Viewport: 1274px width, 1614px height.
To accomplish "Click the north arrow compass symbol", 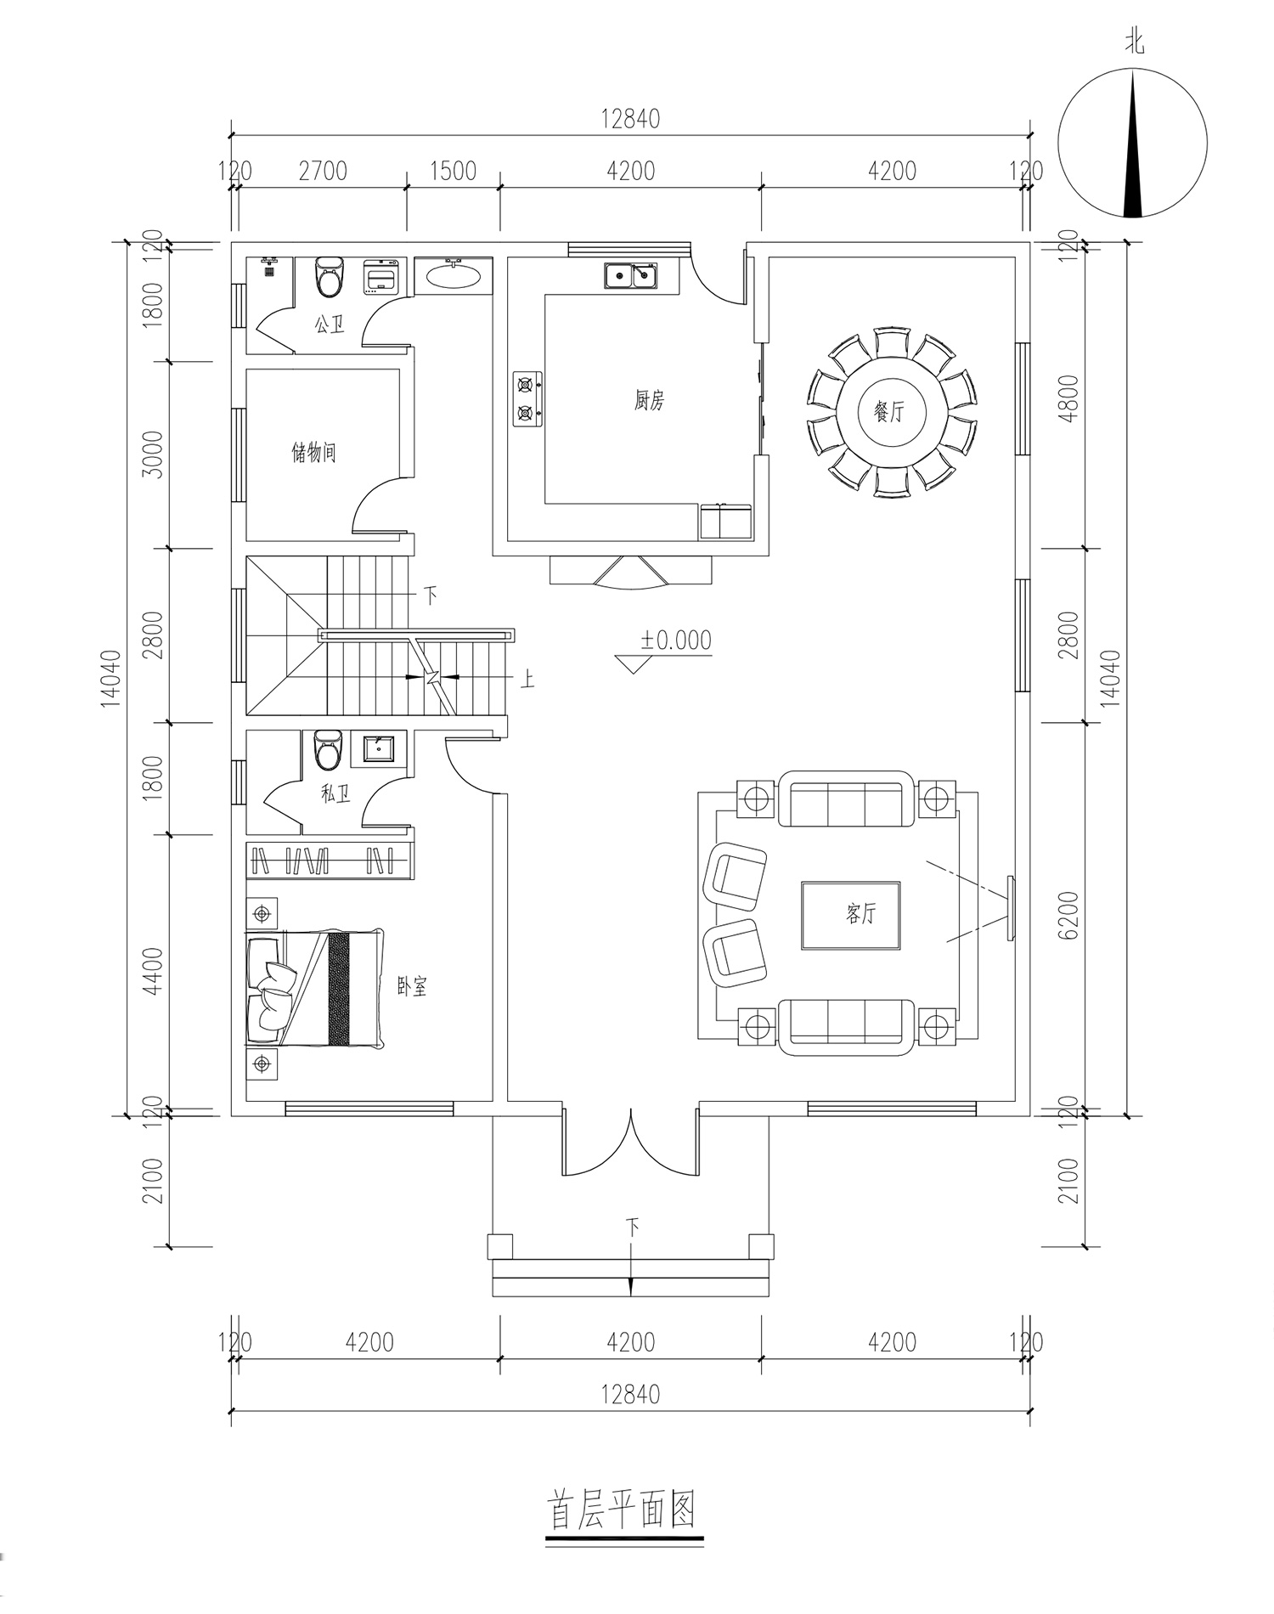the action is [1133, 144].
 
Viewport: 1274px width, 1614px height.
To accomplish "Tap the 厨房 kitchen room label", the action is [649, 400].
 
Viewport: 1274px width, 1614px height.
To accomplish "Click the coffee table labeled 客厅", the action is [851, 915].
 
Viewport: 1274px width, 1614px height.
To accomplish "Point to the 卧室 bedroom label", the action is [413, 986].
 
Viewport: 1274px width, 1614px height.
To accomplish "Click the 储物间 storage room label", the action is [314, 452].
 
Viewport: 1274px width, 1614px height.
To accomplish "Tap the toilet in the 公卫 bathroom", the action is [327, 277].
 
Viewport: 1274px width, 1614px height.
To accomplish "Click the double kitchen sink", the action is [631, 276].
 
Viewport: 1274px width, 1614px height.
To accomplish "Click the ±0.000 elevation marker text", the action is [676, 640].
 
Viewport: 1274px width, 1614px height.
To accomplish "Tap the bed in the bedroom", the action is [314, 989].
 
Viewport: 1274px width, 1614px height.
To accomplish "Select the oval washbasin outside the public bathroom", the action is [453, 275].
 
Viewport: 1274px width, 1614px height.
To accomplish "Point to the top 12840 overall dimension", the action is [630, 119].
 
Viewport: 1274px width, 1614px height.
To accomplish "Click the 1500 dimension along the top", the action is [453, 172].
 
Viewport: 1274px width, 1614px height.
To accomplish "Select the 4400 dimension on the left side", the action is [154, 973].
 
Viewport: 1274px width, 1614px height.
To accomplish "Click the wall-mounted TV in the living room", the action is [1011, 908].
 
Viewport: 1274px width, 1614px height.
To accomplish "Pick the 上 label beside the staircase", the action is [527, 679].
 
